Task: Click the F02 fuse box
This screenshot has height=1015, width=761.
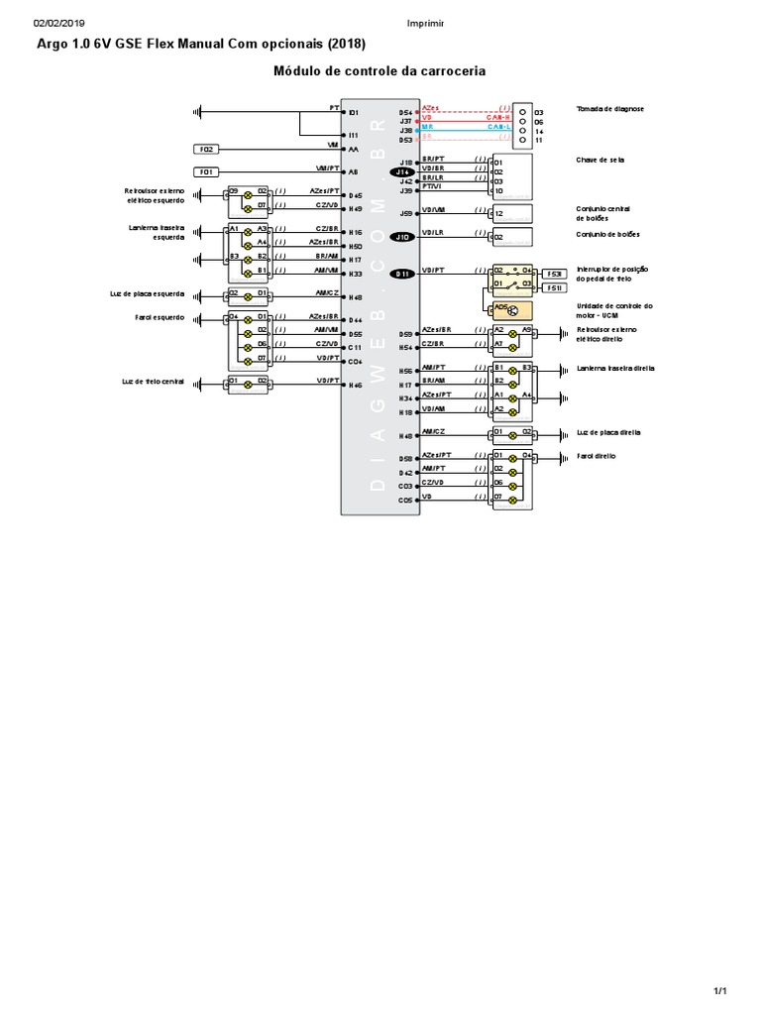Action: click(x=207, y=149)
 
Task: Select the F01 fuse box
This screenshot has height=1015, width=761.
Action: click(x=207, y=171)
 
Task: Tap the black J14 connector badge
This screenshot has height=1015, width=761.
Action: click(x=403, y=171)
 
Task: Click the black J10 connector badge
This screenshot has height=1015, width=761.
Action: click(x=403, y=237)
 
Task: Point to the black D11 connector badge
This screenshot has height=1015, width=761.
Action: click(x=403, y=275)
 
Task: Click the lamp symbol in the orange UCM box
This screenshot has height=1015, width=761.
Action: click(x=513, y=310)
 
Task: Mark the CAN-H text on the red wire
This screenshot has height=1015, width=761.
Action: click(x=498, y=117)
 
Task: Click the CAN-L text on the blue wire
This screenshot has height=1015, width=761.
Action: click(x=498, y=128)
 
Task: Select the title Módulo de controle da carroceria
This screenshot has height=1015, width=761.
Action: click(x=380, y=71)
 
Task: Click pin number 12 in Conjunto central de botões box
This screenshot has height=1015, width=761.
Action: click(x=499, y=213)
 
